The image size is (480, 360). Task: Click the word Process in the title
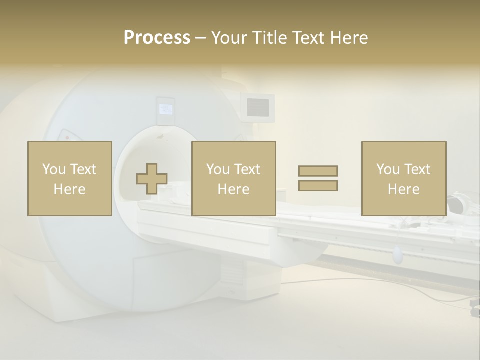coord(157,38)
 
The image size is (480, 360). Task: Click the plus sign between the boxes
coord(152,179)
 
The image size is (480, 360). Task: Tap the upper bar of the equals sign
coord(318,171)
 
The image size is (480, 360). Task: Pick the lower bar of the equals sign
coord(318,185)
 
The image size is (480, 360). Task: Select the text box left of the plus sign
coord(69,178)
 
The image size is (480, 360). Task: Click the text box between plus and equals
coord(233,178)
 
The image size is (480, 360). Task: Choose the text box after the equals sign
coord(403,178)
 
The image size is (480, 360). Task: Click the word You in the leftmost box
coord(53,169)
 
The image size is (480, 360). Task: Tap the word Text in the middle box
coord(247,169)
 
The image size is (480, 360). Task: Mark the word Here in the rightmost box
coord(403,189)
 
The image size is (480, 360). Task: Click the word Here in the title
coord(350,38)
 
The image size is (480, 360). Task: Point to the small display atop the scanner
coord(165,109)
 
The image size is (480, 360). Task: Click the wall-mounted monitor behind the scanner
coord(258,106)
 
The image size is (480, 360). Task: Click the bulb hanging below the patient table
coord(397,255)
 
